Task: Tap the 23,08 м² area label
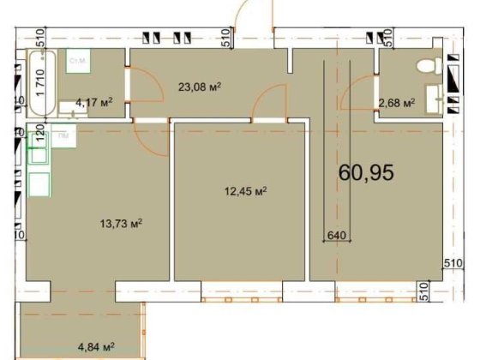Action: tap(200, 86)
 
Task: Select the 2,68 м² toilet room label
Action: tap(397, 104)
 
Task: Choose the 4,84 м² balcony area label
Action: tap(96, 346)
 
